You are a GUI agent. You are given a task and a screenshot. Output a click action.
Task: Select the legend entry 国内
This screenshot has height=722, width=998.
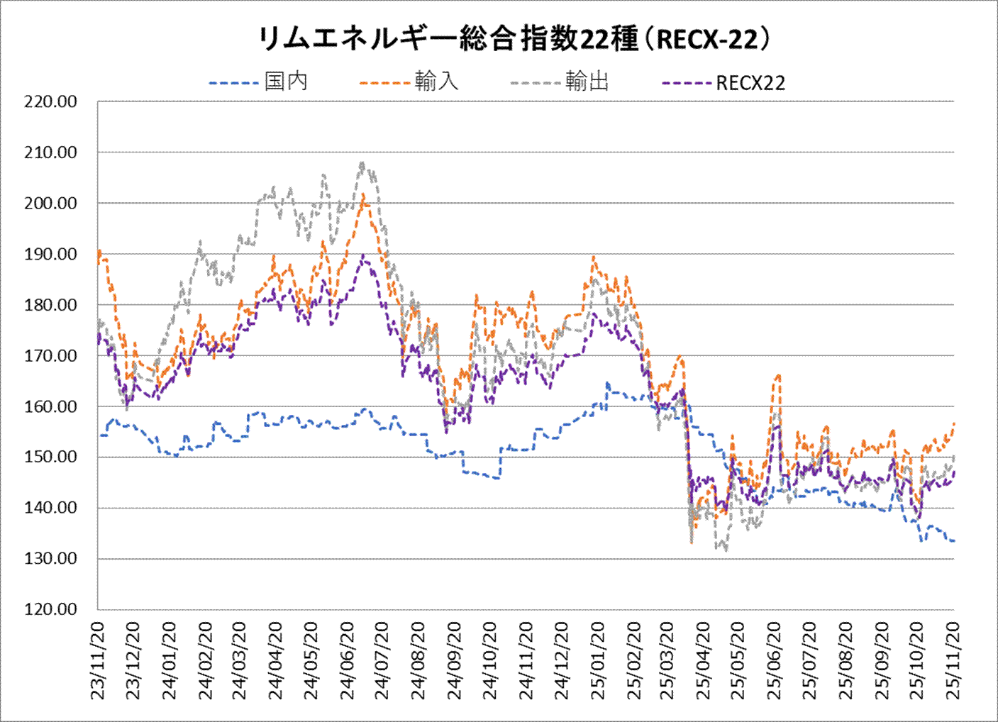pyautogui.click(x=286, y=82)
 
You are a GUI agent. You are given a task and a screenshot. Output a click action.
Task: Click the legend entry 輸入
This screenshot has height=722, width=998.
pyautogui.click(x=436, y=82)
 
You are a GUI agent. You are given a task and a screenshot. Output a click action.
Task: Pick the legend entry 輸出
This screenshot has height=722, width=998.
pyautogui.click(x=587, y=82)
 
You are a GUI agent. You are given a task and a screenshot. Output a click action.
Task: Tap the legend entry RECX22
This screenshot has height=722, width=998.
pyautogui.click(x=750, y=83)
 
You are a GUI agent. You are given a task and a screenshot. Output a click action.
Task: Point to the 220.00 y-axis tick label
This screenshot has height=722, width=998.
pyautogui.click(x=50, y=101)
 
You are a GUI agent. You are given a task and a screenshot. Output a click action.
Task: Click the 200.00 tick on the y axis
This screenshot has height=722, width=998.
pyautogui.click(x=50, y=204)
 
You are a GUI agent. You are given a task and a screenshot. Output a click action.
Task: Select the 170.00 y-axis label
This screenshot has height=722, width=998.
pyautogui.click(x=50, y=356)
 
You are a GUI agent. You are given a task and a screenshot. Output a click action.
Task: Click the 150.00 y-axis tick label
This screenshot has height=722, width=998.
pyautogui.click(x=50, y=457)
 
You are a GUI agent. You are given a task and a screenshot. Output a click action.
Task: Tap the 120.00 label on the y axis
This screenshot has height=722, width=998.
pyautogui.click(x=50, y=609)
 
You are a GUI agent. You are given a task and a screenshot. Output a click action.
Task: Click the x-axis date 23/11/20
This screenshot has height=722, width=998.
pyautogui.click(x=98, y=661)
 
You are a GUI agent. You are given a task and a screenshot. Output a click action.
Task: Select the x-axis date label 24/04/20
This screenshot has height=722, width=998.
pyautogui.click(x=276, y=661)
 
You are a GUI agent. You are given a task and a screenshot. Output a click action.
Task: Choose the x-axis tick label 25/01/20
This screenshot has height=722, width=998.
pyautogui.click(x=598, y=661)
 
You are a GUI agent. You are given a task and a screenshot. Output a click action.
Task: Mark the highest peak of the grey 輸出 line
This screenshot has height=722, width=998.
pyautogui.click(x=362, y=163)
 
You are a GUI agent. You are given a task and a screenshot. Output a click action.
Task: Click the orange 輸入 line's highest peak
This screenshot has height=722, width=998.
pyautogui.click(x=363, y=194)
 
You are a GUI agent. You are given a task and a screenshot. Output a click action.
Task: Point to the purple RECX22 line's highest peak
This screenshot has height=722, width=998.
pyautogui.click(x=363, y=255)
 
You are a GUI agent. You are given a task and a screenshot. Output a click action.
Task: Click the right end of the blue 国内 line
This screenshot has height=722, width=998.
pyautogui.click(x=954, y=541)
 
